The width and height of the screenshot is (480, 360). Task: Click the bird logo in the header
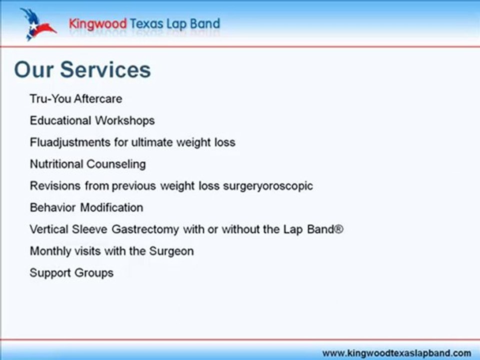(x=36, y=24)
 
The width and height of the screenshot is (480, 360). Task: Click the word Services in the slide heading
(x=105, y=70)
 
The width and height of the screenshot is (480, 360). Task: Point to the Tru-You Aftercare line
(x=75, y=98)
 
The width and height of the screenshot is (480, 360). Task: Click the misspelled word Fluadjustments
(x=70, y=142)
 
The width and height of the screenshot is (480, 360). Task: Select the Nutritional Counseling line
(x=87, y=164)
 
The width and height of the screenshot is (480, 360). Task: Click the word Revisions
(x=55, y=186)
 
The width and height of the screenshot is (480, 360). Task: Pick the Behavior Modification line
(x=86, y=207)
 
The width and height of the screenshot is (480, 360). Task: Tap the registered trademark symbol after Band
(x=338, y=229)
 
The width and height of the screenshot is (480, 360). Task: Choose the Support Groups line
(x=71, y=273)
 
